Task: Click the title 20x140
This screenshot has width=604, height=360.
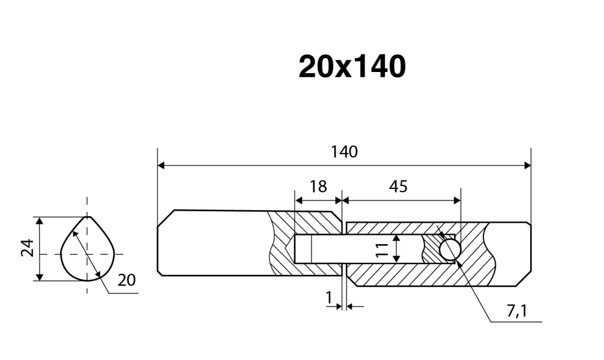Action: [x=352, y=67]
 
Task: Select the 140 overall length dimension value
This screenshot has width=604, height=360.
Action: [x=344, y=152]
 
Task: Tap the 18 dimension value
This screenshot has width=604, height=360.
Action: [x=318, y=186]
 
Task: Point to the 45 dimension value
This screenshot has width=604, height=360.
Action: [x=398, y=186]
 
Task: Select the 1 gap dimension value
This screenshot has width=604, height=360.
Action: [x=328, y=296]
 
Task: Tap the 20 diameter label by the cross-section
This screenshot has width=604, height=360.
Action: [x=127, y=280]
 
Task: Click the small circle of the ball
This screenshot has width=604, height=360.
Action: [x=450, y=248]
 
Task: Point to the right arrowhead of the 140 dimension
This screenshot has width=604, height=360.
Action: [x=528, y=165]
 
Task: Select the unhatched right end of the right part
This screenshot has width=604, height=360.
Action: [x=510, y=252]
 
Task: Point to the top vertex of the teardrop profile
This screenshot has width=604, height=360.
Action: [x=88, y=217]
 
